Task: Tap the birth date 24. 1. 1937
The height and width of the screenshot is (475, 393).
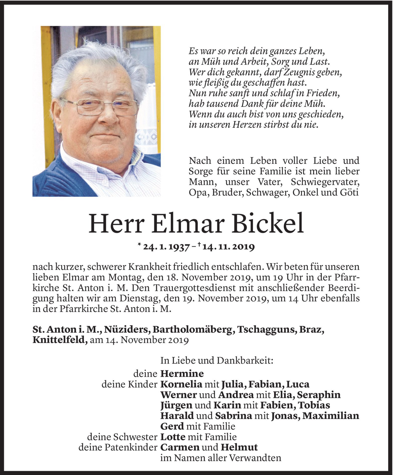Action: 166,247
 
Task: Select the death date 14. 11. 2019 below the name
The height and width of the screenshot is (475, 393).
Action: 229,247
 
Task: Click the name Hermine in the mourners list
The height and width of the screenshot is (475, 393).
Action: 182,374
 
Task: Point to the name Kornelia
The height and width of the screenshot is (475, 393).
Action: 181,384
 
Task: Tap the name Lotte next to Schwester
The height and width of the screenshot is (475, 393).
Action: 173,437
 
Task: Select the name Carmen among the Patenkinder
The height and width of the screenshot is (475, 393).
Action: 180,447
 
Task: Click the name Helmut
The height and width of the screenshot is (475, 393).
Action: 239,447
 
